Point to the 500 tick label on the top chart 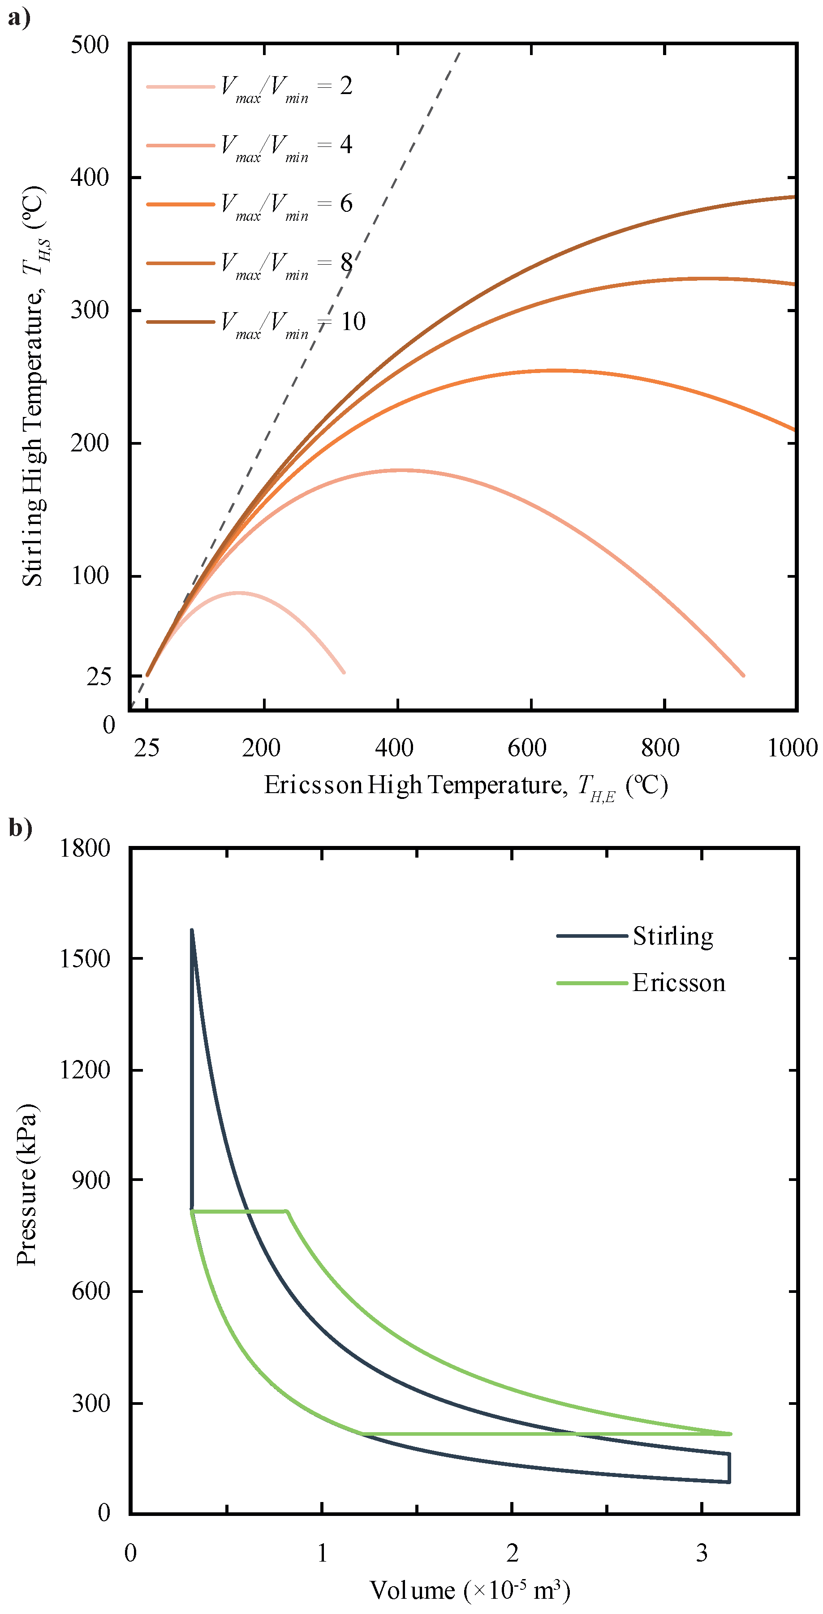90,45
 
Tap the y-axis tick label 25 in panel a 99,677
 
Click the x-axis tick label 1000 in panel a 792,747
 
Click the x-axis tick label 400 394,747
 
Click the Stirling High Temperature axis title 33,385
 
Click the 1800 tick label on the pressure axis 85,849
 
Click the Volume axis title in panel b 470,1590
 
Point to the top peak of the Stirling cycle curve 192,931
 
